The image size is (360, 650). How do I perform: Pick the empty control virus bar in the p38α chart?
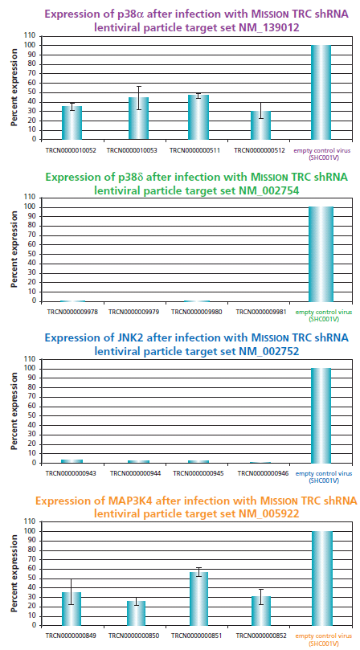point(321,92)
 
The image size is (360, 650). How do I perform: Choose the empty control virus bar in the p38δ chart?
point(321,254)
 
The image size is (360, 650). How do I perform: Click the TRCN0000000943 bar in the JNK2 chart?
point(72,461)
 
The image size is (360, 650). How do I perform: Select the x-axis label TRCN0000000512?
point(260,149)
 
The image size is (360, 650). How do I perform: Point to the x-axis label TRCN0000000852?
point(259,636)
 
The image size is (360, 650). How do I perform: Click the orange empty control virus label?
point(321,639)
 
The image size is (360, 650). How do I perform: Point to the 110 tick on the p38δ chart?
point(30,197)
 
